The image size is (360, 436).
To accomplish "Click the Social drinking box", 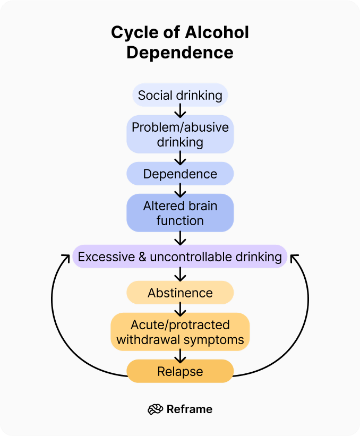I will click(180, 96).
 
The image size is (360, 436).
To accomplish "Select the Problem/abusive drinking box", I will click(180, 134).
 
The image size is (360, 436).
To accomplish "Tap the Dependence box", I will click(180, 174).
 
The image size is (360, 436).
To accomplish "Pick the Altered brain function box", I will click(180, 213).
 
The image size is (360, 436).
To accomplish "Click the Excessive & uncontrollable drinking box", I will click(180, 257).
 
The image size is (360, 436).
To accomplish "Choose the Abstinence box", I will click(180, 293).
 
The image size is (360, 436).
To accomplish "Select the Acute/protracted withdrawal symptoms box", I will click(180, 332).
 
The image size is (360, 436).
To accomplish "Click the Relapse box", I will click(180, 371).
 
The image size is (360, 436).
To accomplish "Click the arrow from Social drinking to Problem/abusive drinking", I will click(180, 110).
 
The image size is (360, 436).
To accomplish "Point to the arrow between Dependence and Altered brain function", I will click(180, 189).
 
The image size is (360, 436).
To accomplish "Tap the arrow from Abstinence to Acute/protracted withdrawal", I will click(180, 308).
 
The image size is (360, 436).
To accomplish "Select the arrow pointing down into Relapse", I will click(180, 355).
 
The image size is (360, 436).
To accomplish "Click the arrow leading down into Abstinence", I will click(180, 274).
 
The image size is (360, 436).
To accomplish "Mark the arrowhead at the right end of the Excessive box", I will click(294, 258).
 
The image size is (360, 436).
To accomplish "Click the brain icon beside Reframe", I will click(155, 409).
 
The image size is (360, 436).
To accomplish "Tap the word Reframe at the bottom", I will click(190, 409).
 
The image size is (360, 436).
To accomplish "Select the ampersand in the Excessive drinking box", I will click(143, 257).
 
